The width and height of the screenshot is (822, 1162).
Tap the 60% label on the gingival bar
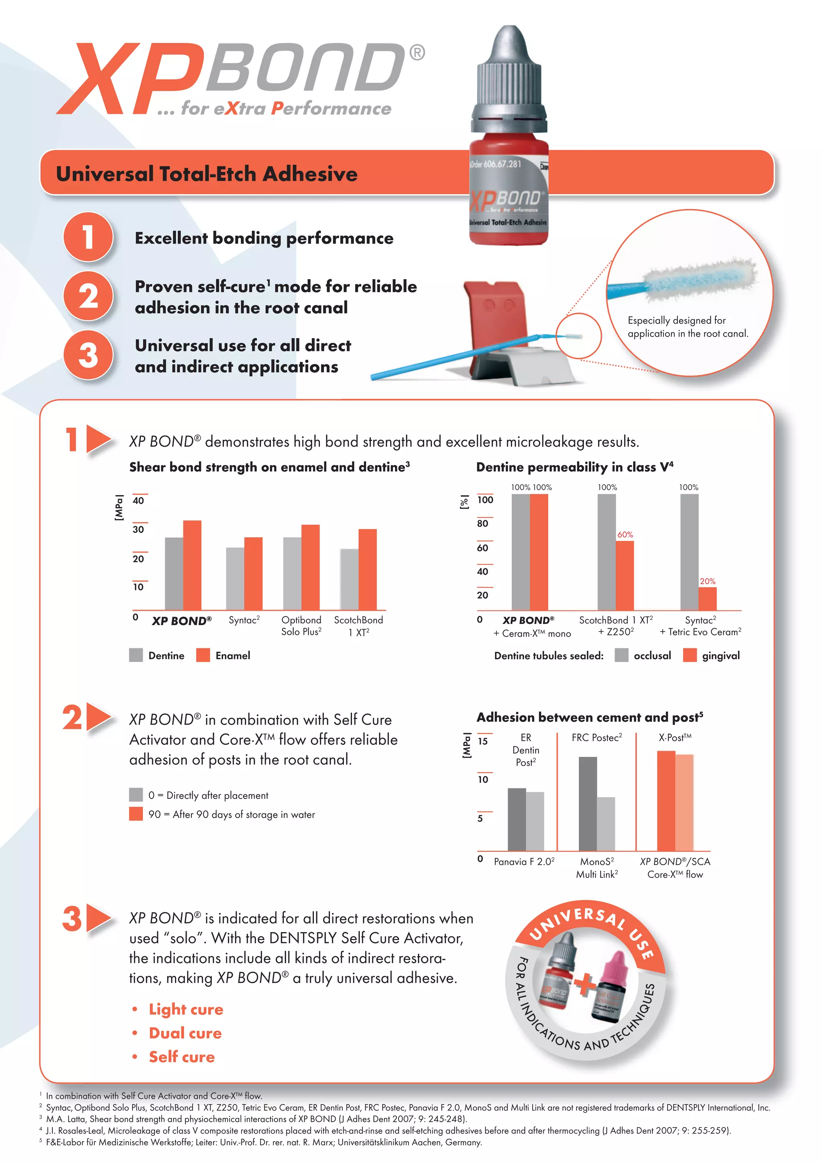[625, 534]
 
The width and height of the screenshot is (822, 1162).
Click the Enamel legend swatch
[203, 655]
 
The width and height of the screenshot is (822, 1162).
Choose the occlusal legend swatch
[621, 655]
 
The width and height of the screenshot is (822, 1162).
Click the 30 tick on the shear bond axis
[138, 529]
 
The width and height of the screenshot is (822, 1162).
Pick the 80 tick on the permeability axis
[483, 523]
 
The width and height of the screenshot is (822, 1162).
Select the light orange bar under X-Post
[684, 802]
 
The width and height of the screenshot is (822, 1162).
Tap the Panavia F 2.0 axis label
[524, 861]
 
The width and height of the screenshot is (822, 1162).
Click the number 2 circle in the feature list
[89, 296]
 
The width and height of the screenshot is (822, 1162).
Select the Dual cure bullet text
[185, 1033]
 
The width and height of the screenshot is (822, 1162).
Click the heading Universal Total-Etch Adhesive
[207, 174]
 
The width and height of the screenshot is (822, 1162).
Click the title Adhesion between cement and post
[589, 717]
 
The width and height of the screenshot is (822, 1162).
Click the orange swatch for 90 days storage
[136, 814]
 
